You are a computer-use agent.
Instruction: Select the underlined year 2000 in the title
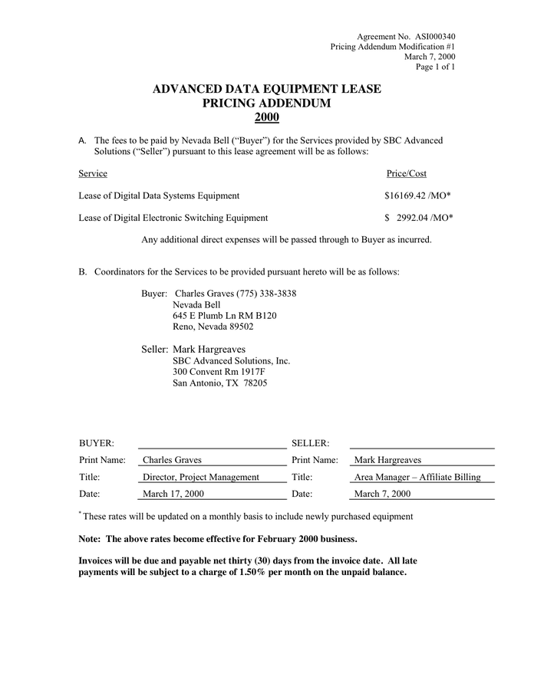(x=266, y=117)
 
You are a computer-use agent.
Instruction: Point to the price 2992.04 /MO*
(x=424, y=218)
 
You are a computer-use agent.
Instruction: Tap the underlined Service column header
(x=93, y=173)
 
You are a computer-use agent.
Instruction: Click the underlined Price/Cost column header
(x=407, y=173)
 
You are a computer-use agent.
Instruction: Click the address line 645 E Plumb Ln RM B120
(x=224, y=315)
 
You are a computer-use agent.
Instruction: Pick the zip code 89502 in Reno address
(x=241, y=326)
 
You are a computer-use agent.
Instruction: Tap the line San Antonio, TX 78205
(x=219, y=383)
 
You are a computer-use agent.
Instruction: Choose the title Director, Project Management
(x=201, y=477)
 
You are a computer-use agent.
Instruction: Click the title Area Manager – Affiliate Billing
(x=417, y=477)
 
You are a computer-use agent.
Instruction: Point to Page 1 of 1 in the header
(x=435, y=67)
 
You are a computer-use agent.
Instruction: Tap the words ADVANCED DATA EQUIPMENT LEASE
(x=266, y=89)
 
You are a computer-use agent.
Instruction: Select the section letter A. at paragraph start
(x=83, y=141)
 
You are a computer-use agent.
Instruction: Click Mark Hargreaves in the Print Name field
(x=387, y=460)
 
